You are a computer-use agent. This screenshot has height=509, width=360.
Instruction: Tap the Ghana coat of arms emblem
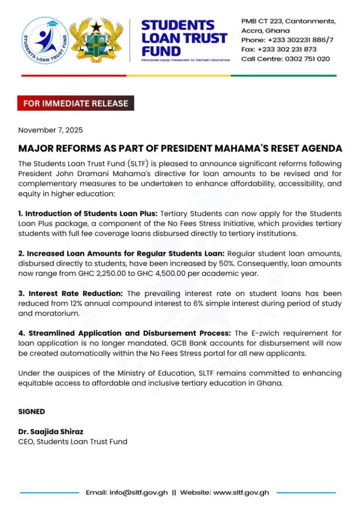pyautogui.click(x=96, y=41)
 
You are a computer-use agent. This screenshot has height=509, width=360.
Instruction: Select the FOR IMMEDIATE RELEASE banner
pyautogui.click(x=76, y=103)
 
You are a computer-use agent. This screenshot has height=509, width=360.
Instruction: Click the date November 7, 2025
pyautogui.click(x=50, y=130)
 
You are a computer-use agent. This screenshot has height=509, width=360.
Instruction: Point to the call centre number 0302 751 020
pyautogui.click(x=307, y=59)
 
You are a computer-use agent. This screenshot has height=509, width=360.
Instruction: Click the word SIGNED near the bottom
pyautogui.click(x=31, y=412)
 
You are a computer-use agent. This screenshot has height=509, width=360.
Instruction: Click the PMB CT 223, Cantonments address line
pyautogui.click(x=288, y=21)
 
